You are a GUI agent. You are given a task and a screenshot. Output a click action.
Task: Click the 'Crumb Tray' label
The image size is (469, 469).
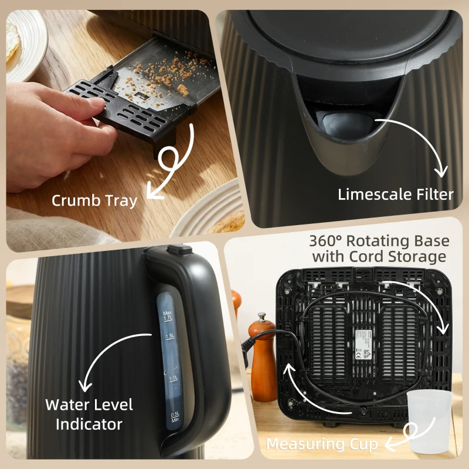(94, 200)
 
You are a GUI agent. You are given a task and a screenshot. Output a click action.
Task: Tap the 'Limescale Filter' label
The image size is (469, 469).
(396, 195)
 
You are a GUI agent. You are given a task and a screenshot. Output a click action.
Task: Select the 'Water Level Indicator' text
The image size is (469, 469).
(89, 414)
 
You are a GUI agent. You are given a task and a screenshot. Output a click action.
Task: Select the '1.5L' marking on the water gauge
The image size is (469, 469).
(169, 336)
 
